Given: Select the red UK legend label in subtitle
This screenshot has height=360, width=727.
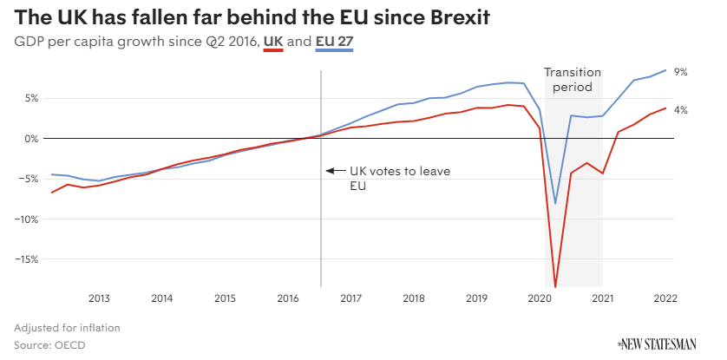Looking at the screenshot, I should pyautogui.click(x=273, y=42).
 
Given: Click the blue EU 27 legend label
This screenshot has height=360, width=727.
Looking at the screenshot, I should pyautogui.click(x=335, y=42).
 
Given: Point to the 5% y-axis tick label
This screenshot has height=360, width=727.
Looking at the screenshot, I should pyautogui.click(x=30, y=98).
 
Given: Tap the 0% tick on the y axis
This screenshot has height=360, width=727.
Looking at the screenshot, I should pyautogui.click(x=30, y=139).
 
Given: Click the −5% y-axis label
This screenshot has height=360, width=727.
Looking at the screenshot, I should pyautogui.click(x=29, y=179).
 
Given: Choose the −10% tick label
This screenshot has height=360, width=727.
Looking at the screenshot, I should pyautogui.click(x=26, y=219).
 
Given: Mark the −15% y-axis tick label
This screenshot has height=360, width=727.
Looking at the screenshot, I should pyautogui.click(x=26, y=259).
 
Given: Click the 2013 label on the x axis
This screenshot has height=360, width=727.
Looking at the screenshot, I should pyautogui.click(x=99, y=298).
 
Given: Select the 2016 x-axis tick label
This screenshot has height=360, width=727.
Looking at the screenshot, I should pyautogui.click(x=288, y=298).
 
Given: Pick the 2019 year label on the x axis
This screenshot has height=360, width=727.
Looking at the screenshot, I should pyautogui.click(x=476, y=298).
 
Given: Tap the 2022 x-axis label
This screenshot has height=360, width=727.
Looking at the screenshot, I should pyautogui.click(x=665, y=298).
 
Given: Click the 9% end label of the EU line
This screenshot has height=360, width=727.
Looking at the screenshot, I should pyautogui.click(x=681, y=73).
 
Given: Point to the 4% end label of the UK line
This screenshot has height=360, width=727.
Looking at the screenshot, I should pyautogui.click(x=681, y=110).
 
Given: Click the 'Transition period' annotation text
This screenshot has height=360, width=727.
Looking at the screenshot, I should pyautogui.click(x=573, y=80).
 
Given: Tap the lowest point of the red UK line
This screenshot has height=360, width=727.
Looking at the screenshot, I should pyautogui.click(x=555, y=285).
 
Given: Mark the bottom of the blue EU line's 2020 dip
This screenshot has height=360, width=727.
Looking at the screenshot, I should pyautogui.click(x=555, y=203).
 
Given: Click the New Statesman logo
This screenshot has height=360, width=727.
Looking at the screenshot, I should pyautogui.click(x=656, y=344).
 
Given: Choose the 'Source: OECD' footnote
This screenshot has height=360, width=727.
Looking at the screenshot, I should pyautogui.click(x=49, y=344).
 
